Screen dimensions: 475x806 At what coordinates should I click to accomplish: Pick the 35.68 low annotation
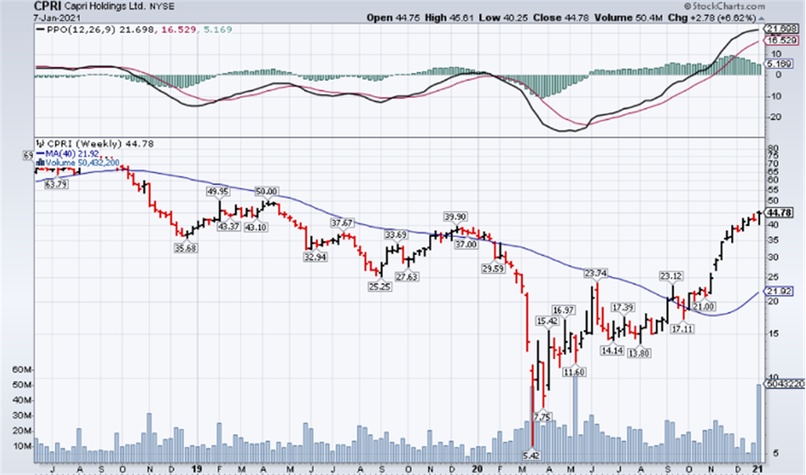click(x=185, y=249)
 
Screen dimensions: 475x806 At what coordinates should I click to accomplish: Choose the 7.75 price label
click(x=542, y=417)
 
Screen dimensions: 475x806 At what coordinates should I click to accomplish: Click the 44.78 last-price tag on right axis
click(x=779, y=213)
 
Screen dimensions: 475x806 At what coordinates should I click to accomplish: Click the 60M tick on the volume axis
click(x=20, y=370)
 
